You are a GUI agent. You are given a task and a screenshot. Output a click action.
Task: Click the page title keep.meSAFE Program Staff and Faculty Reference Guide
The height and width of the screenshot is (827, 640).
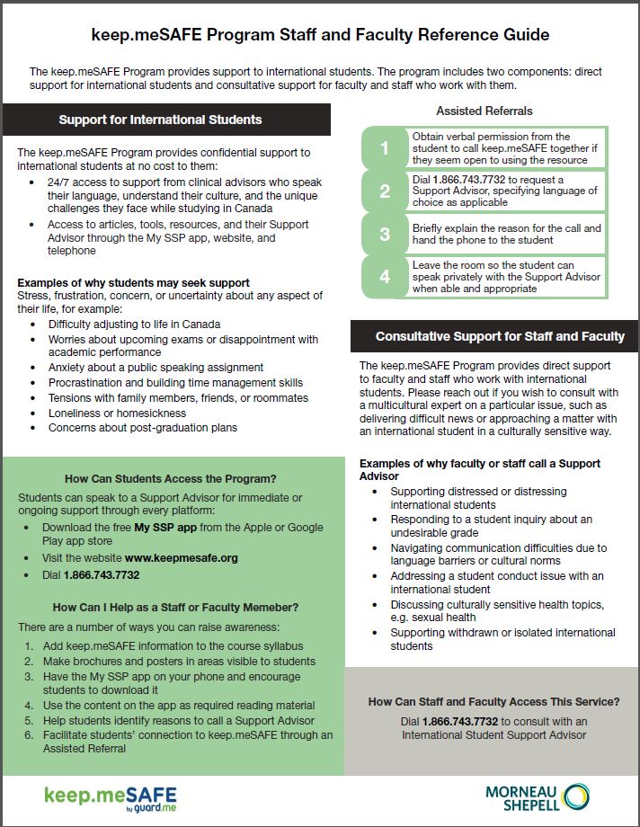point(320,35)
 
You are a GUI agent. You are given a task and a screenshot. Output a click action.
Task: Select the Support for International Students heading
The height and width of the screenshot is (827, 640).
point(160,120)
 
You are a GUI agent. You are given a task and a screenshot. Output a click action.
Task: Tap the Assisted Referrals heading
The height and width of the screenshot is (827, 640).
point(484,111)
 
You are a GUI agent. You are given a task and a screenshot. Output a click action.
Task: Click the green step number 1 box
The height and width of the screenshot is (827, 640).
point(385,148)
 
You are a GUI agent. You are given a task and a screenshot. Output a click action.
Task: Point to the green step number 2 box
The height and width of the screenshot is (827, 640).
point(385,191)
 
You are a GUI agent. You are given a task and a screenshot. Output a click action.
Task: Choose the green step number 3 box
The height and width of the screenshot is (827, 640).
point(385,234)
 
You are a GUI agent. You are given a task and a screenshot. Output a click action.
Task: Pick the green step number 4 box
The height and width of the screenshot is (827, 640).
point(385,277)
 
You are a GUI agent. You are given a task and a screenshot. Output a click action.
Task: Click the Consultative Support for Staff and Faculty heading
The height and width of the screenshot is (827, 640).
point(499,336)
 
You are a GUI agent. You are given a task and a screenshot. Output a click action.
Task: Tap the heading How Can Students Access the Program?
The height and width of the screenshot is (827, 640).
point(170,478)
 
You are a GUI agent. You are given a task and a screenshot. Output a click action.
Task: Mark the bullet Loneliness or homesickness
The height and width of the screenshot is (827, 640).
point(117,413)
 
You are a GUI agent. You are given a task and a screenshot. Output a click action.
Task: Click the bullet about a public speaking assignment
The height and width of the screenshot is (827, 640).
point(156,367)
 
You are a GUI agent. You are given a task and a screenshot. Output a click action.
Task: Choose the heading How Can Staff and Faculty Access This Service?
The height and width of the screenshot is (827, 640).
point(493,701)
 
